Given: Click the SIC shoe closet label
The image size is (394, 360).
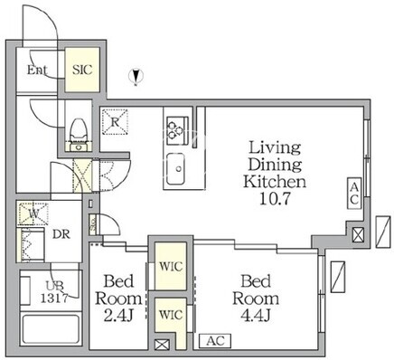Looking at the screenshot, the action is point(82,70).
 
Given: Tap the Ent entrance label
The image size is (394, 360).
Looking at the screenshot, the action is point(37,70).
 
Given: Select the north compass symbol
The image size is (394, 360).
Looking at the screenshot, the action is point(136,77).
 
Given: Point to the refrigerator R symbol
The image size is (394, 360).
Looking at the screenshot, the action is point(115,121).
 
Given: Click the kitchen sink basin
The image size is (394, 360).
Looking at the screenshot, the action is point(175,169).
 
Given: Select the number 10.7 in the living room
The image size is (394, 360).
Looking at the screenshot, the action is point(275,199).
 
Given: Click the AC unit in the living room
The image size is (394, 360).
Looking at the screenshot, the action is point(354,194).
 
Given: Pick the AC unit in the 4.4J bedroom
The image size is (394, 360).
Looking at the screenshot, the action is point(215,341).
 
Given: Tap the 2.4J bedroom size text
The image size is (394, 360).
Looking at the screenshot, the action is point(118,316).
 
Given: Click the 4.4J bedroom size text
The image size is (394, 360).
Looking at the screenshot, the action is point(256,316).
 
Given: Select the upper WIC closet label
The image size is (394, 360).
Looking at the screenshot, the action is point(171,267).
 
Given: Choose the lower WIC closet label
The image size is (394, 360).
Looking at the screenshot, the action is point(171,315).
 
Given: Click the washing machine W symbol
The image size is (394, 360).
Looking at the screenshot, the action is point(33,214).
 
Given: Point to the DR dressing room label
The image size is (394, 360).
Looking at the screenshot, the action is point(61,234).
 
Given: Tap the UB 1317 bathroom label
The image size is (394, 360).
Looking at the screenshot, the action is point(55,292).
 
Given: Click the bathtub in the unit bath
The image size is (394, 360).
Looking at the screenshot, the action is point(51,329).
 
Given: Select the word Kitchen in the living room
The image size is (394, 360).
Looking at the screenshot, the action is point(275,182).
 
